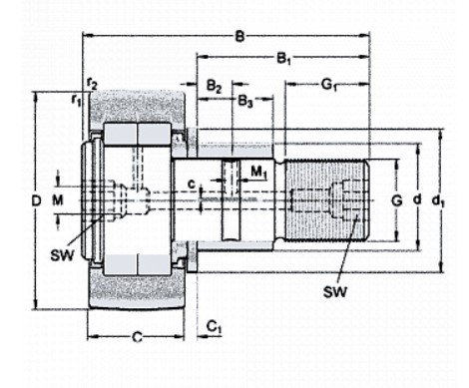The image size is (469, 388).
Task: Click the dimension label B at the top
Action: [x=239, y=36]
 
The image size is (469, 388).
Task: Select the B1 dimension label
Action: [x=283, y=59]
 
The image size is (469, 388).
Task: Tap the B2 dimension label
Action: [x=214, y=87]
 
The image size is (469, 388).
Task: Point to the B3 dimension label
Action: [x=245, y=101]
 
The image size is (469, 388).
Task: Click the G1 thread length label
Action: [x=329, y=85]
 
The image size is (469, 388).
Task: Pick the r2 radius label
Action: [x=92, y=84]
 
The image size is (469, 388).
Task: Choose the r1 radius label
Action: [x=76, y=100]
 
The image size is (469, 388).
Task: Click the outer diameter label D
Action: [x=36, y=200]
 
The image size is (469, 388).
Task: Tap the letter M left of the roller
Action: [x=58, y=200]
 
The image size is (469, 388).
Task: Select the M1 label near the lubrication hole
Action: [x=258, y=173]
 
